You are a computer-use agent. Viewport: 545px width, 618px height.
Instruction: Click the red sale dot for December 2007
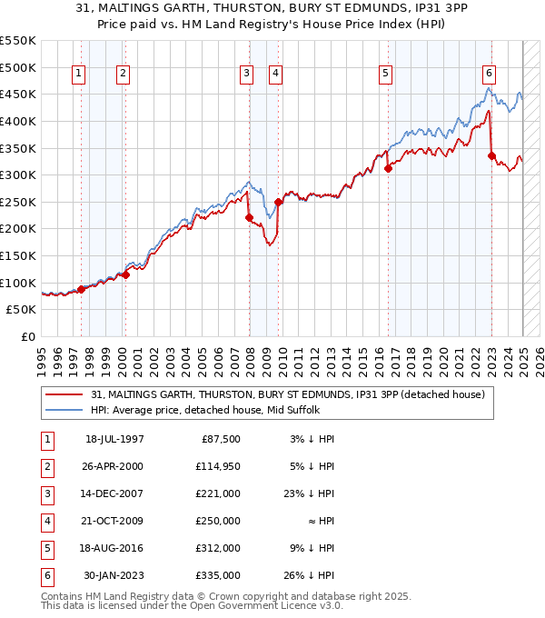(x=248, y=217)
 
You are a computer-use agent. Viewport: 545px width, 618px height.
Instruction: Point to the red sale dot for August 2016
(x=388, y=168)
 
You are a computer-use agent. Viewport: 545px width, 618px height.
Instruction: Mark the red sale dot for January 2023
(x=491, y=155)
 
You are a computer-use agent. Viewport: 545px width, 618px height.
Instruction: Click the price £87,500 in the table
(x=219, y=439)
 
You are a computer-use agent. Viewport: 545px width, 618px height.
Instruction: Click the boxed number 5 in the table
(x=45, y=548)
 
